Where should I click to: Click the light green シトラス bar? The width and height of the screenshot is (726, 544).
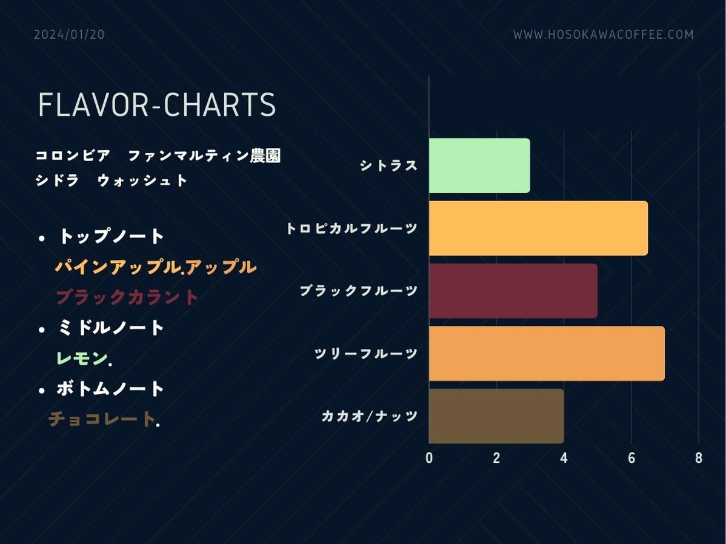point(479,165)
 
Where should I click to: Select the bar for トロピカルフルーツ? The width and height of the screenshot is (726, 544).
point(539,228)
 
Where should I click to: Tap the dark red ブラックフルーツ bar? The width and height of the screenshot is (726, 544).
point(513,291)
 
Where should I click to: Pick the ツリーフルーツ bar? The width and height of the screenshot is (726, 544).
point(547,353)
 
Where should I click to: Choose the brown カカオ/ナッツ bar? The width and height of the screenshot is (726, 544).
point(496,416)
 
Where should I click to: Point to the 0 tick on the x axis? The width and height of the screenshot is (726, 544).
point(429,458)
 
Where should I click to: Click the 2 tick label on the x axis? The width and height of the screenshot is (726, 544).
point(496,458)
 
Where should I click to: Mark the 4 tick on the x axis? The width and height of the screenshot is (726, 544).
point(564,458)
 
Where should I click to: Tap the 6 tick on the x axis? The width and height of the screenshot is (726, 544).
point(631,458)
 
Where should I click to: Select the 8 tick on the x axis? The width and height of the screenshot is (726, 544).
point(699,458)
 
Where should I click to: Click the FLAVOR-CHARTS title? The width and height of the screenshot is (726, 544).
point(157,105)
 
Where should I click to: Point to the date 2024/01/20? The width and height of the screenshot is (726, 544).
point(70,35)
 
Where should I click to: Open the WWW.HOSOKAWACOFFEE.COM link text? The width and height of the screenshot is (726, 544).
point(604,35)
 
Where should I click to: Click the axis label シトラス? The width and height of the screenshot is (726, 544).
point(389,165)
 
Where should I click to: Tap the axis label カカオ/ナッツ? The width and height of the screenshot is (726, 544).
point(370,416)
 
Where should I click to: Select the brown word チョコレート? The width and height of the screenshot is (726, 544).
point(102,419)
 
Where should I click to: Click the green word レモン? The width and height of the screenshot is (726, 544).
point(82,358)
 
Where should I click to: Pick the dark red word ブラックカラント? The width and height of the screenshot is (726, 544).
point(127,297)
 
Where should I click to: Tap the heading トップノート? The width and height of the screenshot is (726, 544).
point(111,236)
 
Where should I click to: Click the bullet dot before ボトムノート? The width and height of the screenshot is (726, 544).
point(42,391)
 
